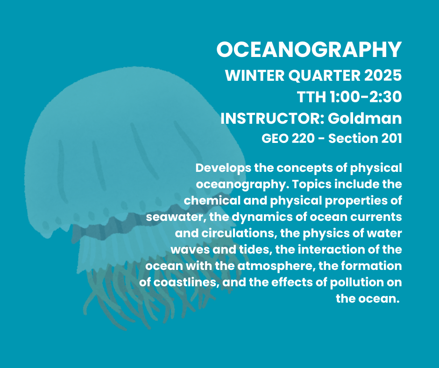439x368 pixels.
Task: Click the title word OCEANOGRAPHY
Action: coord(309,50)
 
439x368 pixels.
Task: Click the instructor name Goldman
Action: coord(365,119)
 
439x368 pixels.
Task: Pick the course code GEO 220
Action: coord(288,138)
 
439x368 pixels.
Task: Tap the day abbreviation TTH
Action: coord(312,97)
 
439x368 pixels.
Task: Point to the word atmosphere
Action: coord(275,266)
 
